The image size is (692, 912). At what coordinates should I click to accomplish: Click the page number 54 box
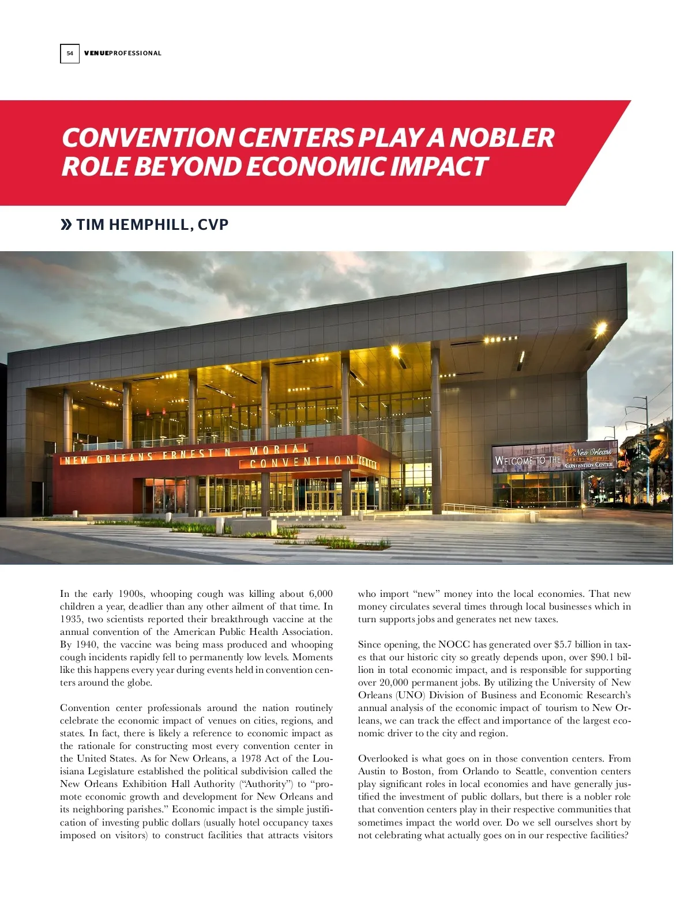point(70,54)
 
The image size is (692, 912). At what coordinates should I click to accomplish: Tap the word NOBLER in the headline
point(501,138)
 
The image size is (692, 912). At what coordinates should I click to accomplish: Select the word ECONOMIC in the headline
point(317,166)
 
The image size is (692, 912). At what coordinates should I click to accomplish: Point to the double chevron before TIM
point(66,225)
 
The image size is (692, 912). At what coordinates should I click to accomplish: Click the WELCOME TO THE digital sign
point(528,460)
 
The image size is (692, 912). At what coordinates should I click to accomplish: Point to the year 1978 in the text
point(251,759)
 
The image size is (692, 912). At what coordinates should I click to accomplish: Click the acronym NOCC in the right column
point(454,645)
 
